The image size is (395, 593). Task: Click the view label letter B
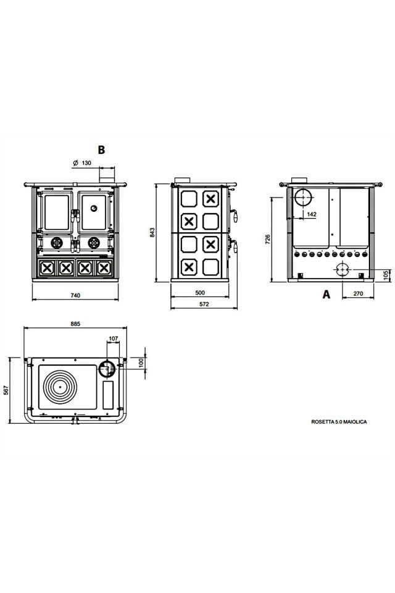coord(102,149)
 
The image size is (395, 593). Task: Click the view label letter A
coord(326,295)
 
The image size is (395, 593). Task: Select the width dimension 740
coord(74,296)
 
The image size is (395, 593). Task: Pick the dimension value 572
coord(204,305)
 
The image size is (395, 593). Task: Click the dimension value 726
coord(268,240)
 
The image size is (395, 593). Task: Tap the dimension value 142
coord(312,214)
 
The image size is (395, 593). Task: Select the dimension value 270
coord(358,294)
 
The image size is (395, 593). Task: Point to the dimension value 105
coord(386,274)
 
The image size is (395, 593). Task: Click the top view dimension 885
coord(75,324)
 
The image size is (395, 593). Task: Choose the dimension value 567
coord(6,390)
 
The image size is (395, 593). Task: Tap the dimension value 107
coord(112,338)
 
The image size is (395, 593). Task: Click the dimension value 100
coord(141,362)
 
